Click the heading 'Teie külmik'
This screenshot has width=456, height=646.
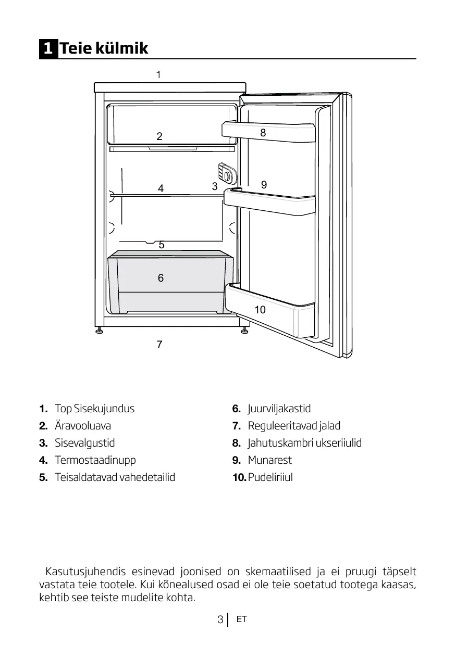(x=104, y=48)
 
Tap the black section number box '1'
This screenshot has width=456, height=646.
(x=47, y=49)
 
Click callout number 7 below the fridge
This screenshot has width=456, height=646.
(x=159, y=344)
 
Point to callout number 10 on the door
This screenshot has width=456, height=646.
(x=260, y=310)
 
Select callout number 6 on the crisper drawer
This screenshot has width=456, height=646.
(x=161, y=278)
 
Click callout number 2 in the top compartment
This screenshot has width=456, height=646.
(x=159, y=136)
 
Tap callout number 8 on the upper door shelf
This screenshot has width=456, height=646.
(x=263, y=133)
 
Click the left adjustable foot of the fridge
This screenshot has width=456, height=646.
(x=98, y=331)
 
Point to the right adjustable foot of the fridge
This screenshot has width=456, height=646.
(x=244, y=331)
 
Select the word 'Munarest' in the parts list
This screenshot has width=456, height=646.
(x=269, y=460)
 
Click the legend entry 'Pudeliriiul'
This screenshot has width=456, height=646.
(x=270, y=477)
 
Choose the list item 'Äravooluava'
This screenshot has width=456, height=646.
(x=83, y=426)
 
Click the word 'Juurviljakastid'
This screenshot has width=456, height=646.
(x=279, y=409)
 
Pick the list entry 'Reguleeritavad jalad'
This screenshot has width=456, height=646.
(x=294, y=426)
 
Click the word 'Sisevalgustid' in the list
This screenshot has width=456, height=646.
(x=85, y=443)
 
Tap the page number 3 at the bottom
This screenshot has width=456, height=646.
(x=220, y=620)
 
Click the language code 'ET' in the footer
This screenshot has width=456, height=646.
(x=241, y=619)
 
